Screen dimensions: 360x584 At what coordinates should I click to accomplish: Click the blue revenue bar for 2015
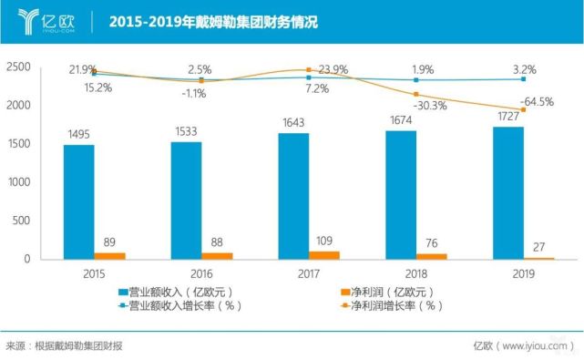pos(78,201)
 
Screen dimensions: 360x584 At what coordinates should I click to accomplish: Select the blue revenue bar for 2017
pos(293,196)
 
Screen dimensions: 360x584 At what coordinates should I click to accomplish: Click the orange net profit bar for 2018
pos(433,256)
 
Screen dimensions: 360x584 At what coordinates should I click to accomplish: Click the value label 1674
pos(401,121)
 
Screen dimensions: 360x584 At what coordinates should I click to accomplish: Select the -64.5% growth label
pos(535,102)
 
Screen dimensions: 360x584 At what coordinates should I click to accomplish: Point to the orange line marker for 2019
pos(524,110)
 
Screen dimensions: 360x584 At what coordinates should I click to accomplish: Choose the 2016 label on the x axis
pos(201,272)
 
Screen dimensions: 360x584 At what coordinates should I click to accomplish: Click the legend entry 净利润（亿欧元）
pos(393,292)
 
